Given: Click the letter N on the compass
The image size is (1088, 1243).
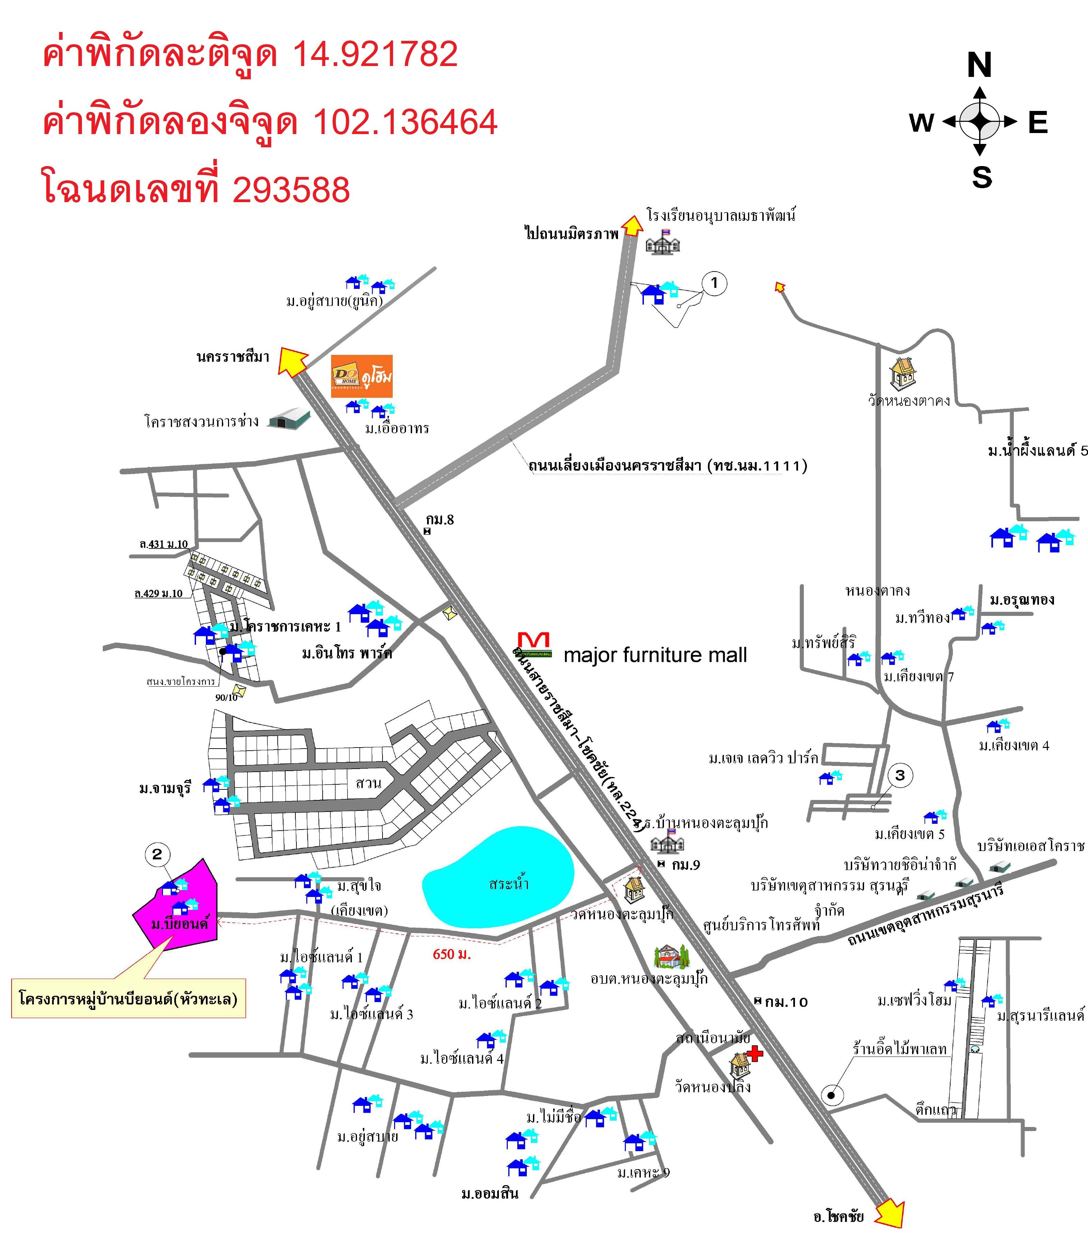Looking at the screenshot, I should tap(979, 65).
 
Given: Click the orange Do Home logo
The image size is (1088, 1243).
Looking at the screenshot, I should tap(361, 376).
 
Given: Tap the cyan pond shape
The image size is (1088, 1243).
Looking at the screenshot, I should tap(498, 877).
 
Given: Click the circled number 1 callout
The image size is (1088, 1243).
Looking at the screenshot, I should tap(714, 283).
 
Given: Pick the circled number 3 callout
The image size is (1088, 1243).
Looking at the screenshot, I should tap(900, 775).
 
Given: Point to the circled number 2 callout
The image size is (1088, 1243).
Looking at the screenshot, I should tap(157, 854).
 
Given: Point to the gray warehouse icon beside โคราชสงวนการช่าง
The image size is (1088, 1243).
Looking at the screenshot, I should tap(289, 419).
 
